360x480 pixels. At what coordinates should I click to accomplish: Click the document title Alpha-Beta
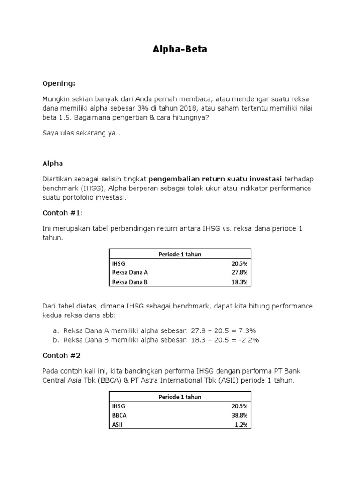click(180, 50)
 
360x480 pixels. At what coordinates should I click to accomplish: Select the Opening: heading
click(59, 83)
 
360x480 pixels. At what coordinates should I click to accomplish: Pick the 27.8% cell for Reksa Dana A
click(239, 272)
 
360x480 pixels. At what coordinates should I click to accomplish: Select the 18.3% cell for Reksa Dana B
click(239, 282)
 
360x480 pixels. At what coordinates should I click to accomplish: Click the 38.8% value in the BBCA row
click(239, 415)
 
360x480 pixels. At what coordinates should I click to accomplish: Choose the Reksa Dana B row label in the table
click(129, 282)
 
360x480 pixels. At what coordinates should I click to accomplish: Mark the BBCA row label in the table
click(119, 415)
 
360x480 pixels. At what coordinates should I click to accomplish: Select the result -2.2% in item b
click(247, 340)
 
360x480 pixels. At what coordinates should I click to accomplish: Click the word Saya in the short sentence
click(51, 134)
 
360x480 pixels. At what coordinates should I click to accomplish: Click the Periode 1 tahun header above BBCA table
click(180, 397)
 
